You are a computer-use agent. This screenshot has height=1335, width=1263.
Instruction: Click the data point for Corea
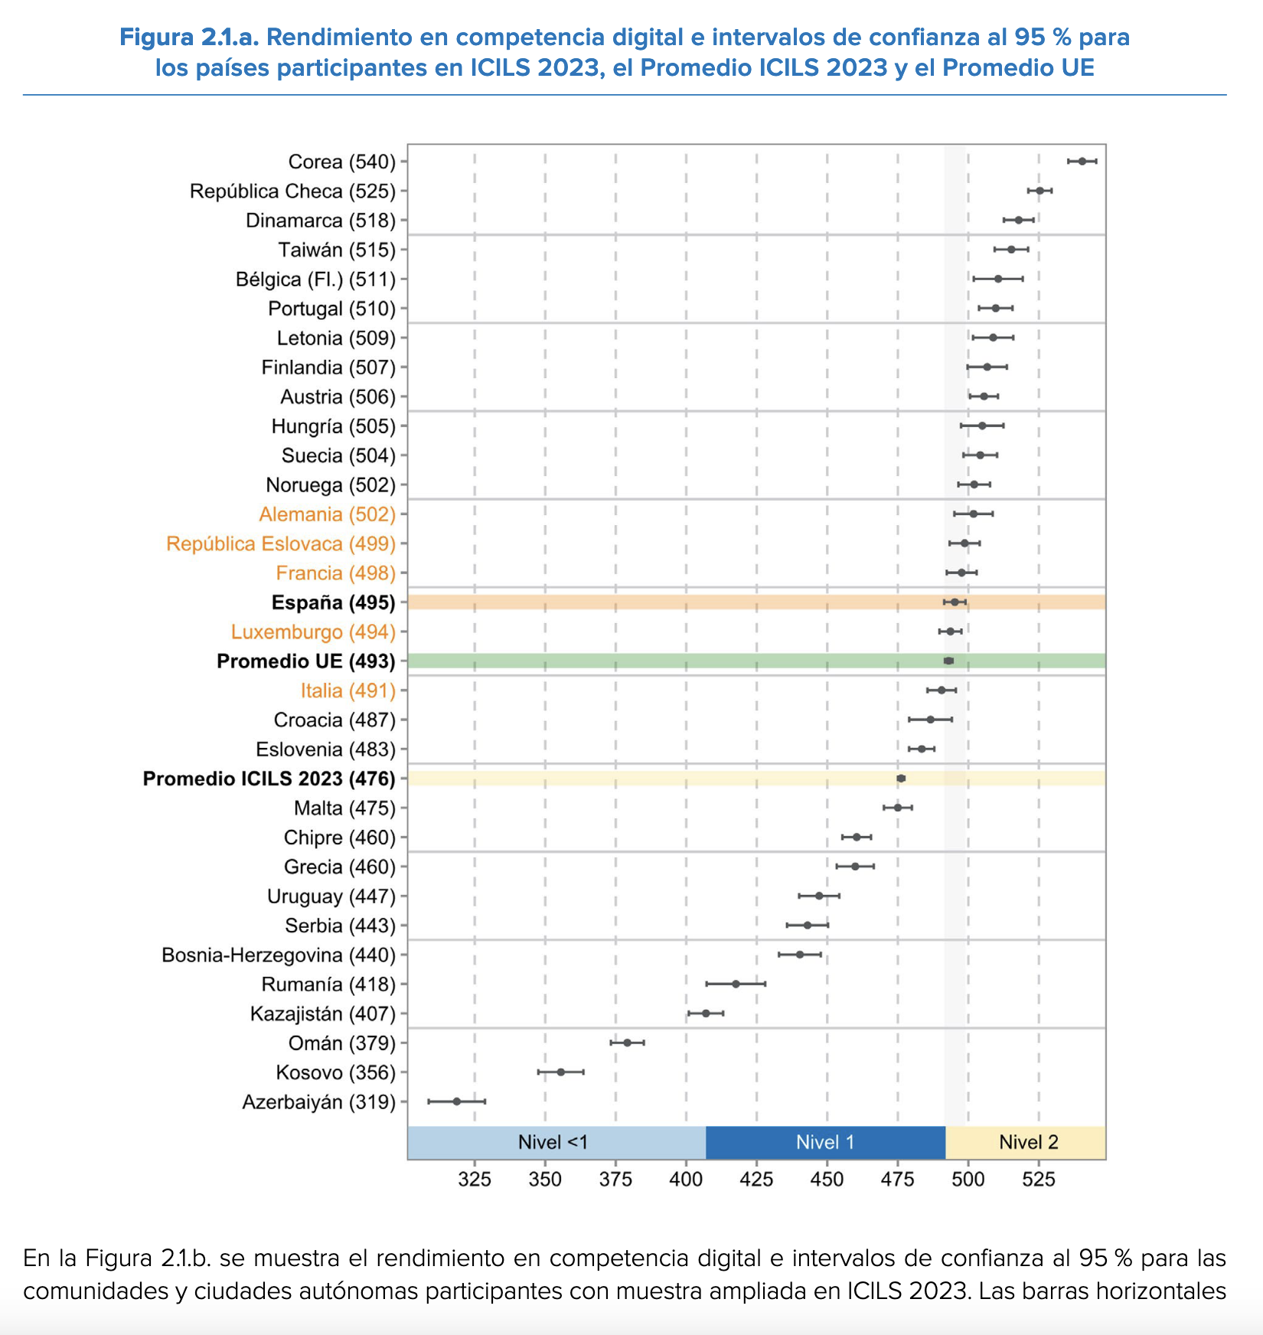pyautogui.click(x=1082, y=162)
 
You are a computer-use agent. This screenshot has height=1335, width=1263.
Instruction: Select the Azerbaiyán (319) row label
pyautogui.click(x=318, y=1102)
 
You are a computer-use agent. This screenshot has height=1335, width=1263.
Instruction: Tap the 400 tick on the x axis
pyautogui.click(x=686, y=1180)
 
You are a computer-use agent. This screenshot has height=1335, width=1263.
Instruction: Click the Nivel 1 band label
pyautogui.click(x=824, y=1143)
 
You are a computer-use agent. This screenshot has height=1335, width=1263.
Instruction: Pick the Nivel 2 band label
pyautogui.click(x=1028, y=1143)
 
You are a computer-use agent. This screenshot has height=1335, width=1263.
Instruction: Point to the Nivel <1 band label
pyautogui.click(x=553, y=1143)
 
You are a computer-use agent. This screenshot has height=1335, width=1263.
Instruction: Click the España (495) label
pyautogui.click(x=333, y=602)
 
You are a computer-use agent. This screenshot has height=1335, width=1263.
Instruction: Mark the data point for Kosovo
pyautogui.click(x=560, y=1072)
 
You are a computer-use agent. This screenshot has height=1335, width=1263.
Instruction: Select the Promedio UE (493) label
pyautogui.click(x=305, y=661)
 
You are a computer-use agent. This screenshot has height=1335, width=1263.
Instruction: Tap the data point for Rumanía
pyautogui.click(x=736, y=984)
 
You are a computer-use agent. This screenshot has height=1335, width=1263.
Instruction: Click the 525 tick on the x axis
pyautogui.click(x=1039, y=1180)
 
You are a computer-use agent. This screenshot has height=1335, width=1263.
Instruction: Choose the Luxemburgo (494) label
pyautogui.click(x=313, y=632)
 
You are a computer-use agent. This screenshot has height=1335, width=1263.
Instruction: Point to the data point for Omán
pyautogui.click(x=627, y=1043)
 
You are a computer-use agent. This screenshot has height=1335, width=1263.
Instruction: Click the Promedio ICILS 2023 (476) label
pyautogui.click(x=269, y=778)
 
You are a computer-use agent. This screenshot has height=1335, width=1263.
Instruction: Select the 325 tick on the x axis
pyautogui.click(x=475, y=1180)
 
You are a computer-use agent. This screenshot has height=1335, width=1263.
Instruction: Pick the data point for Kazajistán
pyautogui.click(x=706, y=1013)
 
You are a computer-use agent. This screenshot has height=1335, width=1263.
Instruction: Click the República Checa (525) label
pyautogui.click(x=292, y=191)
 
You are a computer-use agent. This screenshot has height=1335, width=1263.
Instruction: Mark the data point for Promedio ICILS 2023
pyautogui.click(x=901, y=778)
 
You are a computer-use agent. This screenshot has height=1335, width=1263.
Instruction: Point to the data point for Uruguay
pyautogui.click(x=819, y=896)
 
